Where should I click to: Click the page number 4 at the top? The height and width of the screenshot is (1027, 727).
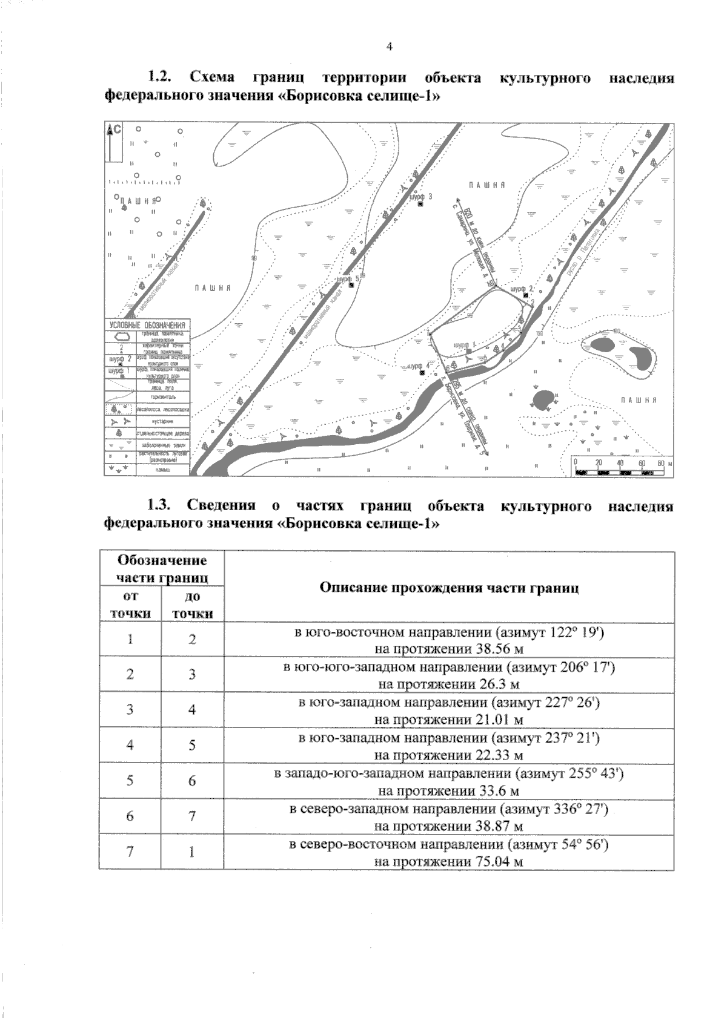pyautogui.click(x=389, y=47)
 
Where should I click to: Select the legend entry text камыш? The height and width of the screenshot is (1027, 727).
pyautogui.click(x=163, y=470)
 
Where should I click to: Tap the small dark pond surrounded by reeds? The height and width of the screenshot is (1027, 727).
pyautogui.click(x=542, y=399)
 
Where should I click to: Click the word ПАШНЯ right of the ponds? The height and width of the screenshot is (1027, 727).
pyautogui.click(x=639, y=400)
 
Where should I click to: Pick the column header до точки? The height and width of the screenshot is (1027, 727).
pyautogui.click(x=191, y=605)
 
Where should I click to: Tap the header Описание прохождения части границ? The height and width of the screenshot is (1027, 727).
pyautogui.click(x=449, y=587)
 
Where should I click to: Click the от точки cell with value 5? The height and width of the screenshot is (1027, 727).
pyautogui.click(x=130, y=781)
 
